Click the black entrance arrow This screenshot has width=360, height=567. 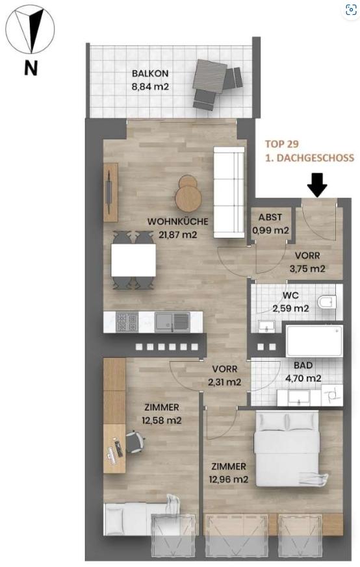tap(317, 185)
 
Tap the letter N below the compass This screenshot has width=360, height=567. tap(31, 68)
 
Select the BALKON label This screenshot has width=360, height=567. tap(150, 73)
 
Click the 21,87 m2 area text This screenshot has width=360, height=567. tap(177, 234)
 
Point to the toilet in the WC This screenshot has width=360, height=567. tap(327, 302)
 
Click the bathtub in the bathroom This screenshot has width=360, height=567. tap(314, 340)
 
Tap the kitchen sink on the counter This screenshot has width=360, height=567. tap(172, 322)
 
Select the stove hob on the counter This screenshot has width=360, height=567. tap(127, 322)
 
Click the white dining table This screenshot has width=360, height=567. tap(133, 260)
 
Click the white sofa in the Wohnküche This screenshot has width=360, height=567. tap(229, 192)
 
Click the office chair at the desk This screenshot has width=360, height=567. tap(135, 442)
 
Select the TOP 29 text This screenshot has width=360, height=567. tap(282, 144)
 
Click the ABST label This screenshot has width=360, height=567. tap(270, 218)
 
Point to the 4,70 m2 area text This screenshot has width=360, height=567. tap(303, 379)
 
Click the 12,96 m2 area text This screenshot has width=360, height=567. tap(229, 479)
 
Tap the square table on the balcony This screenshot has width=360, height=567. tap(210, 76)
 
